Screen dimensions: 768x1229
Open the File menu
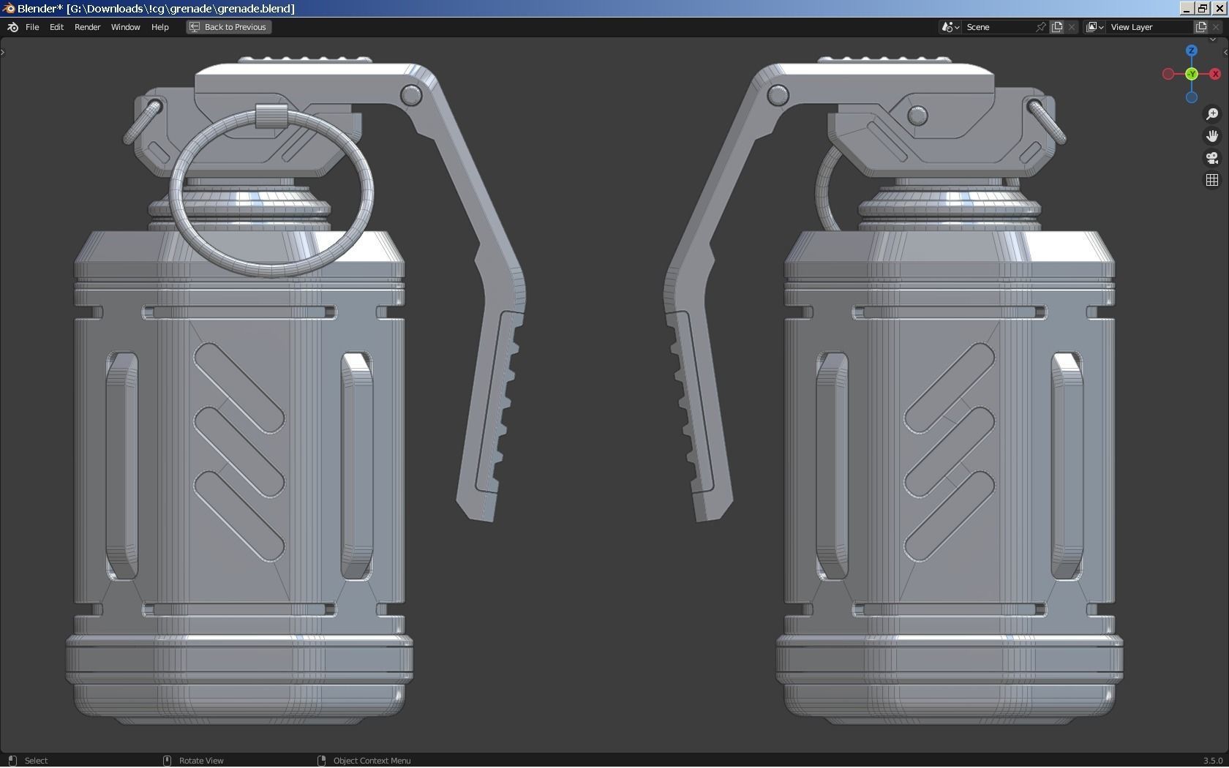pos(32,27)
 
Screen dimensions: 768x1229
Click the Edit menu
pos(56,27)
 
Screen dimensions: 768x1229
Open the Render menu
pos(87,27)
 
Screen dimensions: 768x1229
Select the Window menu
pos(125,27)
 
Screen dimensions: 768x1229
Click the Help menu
pos(159,27)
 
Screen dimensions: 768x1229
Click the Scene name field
pos(999,27)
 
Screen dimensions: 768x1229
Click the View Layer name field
pos(1149,27)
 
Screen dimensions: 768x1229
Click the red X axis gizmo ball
pos(1215,74)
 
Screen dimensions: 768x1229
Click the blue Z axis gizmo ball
pos(1192,50)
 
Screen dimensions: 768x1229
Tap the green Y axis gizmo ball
pos(1192,74)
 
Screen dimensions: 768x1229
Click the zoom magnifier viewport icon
pos(1212,114)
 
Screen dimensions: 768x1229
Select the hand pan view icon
pos(1212,136)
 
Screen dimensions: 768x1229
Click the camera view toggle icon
pos(1212,158)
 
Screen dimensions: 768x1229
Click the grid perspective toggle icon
pos(1212,180)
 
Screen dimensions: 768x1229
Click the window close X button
pos(1219,8)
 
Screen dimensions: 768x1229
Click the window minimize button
pos(1187,8)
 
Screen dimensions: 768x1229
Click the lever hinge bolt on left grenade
pos(411,95)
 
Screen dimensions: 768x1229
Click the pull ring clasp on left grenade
pos(271,116)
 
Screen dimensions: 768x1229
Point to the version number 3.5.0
pos(1212,761)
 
